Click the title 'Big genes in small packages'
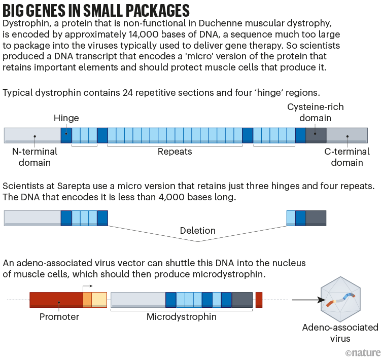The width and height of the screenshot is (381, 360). click(96, 10)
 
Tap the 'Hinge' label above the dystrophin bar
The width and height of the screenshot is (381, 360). click(66, 118)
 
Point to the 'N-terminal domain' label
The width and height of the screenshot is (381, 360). click(34, 157)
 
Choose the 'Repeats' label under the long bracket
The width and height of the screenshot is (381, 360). click(175, 151)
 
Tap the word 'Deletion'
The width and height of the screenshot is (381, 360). click(197, 231)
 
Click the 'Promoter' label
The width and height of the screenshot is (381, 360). click(59, 317)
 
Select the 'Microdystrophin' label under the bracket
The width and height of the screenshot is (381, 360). click(181, 317)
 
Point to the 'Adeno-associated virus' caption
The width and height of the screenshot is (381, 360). click(340, 333)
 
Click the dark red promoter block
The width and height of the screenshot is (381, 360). click(56, 300)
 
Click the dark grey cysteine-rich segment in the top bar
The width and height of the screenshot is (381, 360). click(316, 135)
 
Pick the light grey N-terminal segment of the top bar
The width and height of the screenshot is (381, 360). click(32, 135)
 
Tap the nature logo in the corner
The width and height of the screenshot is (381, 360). click(362, 352)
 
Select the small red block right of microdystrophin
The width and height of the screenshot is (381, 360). click(259, 300)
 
